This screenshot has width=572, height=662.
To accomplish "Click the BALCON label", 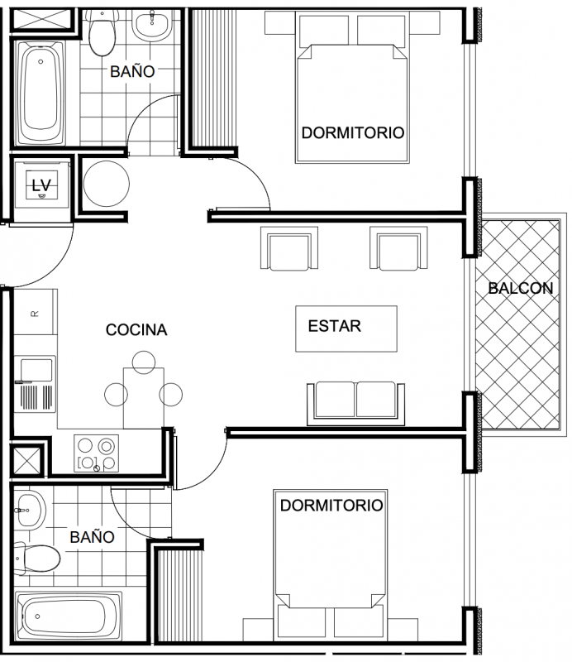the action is (521, 288).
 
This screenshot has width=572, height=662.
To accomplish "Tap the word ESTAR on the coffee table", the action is (335, 326).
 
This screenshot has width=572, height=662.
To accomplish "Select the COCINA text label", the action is (136, 329).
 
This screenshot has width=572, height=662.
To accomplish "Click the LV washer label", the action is (41, 185).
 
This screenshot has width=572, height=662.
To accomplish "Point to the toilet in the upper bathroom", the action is (101, 33).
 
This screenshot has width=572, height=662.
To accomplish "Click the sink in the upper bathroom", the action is (152, 26).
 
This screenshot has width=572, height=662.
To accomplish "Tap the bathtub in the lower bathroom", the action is (69, 616).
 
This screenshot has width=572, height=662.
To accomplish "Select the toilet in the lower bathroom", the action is (37, 558).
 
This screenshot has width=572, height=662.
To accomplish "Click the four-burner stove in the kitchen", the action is (96, 453).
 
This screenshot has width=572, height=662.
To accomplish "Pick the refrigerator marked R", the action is (36, 312).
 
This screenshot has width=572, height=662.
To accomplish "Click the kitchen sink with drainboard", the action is (35, 384).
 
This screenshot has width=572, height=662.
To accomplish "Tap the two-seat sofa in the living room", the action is (355, 403).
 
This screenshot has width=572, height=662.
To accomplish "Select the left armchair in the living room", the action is (289, 247).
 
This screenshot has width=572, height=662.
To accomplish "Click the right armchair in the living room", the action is (398, 247).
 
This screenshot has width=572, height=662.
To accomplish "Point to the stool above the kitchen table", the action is (144, 362).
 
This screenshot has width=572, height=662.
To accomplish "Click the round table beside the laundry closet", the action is (107, 184).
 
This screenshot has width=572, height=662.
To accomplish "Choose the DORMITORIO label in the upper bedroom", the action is (353, 133).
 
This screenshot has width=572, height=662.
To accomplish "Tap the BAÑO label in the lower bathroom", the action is (92, 537).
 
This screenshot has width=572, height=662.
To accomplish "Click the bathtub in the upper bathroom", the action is (41, 93).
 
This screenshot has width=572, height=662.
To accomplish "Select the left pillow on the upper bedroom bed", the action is (324, 31).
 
